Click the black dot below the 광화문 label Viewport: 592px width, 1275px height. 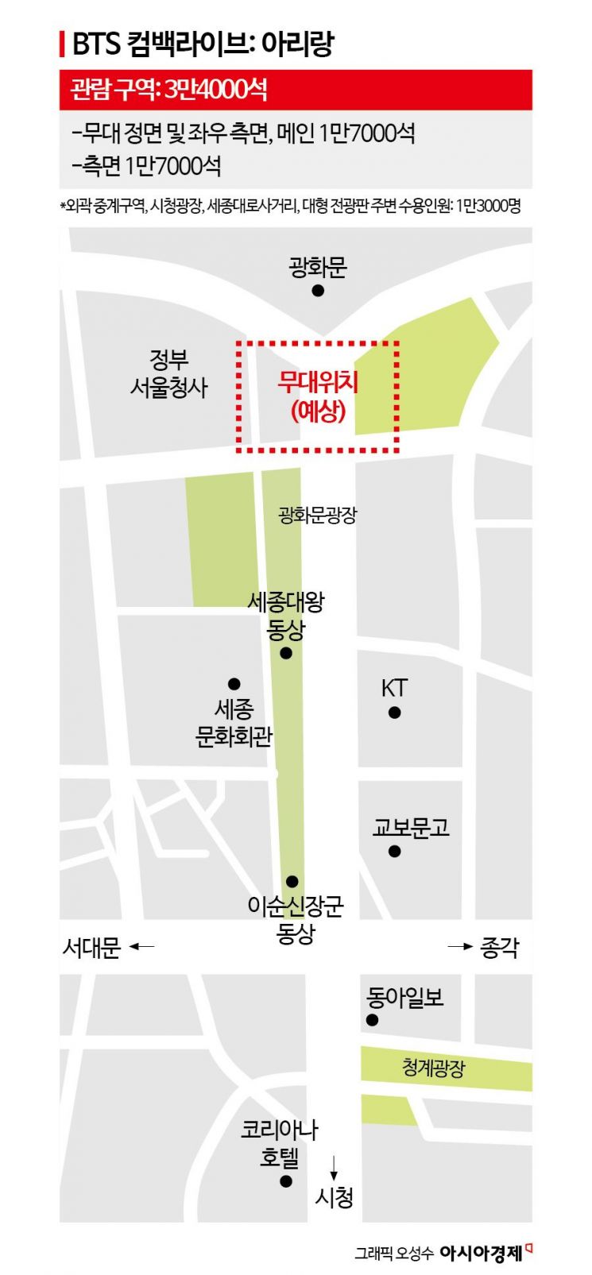tap(318, 291)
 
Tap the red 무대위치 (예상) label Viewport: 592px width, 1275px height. tap(318, 396)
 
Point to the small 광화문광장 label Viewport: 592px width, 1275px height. tap(318, 515)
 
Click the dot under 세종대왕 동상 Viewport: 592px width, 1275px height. tap(286, 653)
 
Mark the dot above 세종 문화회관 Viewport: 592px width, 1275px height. tap(234, 684)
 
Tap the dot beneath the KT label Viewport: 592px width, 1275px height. tap(395, 713)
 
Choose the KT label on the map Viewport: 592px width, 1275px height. tap(394, 688)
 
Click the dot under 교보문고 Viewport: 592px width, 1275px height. tap(395, 852)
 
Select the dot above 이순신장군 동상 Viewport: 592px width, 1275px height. tap(292, 881)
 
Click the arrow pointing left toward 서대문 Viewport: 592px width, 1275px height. tap(141, 946)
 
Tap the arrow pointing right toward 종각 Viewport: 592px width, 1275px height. tap(459, 946)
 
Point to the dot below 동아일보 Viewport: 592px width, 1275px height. tap(372, 1021)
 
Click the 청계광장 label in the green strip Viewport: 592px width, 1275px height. tap(433, 1068)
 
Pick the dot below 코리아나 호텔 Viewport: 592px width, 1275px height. tap(286, 1181)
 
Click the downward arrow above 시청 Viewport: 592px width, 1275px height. tap(334, 1166)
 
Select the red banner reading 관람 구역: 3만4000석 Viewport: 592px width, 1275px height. tap(296, 90)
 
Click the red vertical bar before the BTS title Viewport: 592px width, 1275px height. tap(63, 44)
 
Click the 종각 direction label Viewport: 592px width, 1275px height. tap(499, 947)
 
